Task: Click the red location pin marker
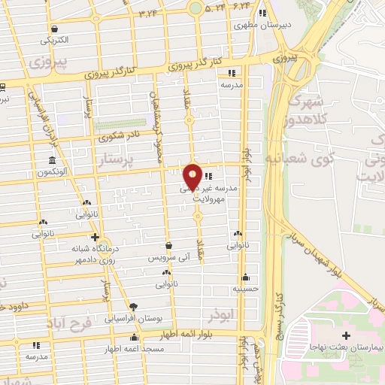click(x=192, y=176)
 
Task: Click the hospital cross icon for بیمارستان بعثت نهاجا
click(x=346, y=335)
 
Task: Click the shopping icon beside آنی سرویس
click(x=168, y=246)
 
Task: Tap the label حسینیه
click(x=245, y=288)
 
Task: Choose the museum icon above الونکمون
click(x=52, y=161)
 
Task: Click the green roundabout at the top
click(x=196, y=8)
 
